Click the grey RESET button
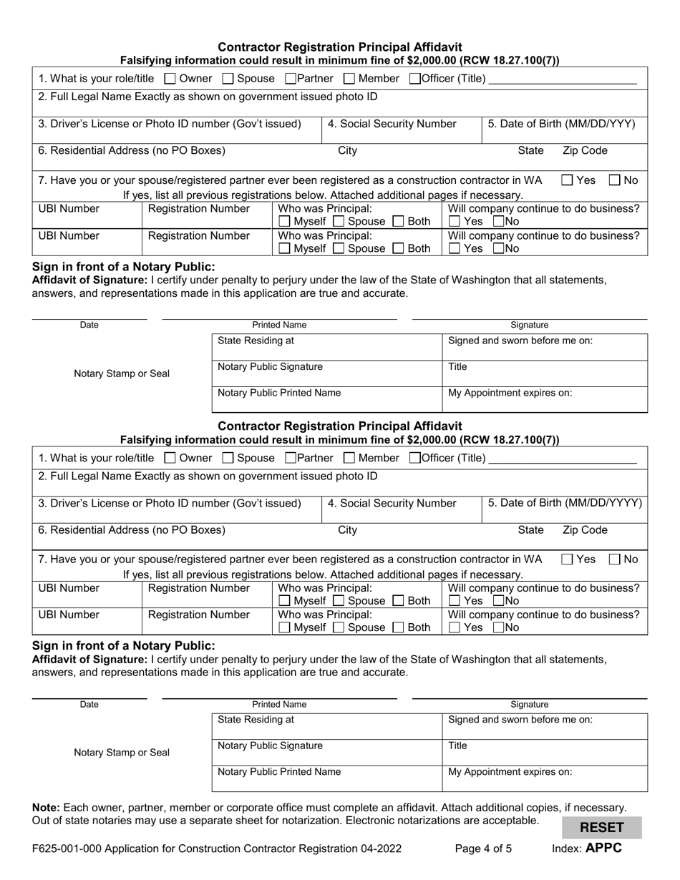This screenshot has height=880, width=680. pyautogui.click(x=601, y=828)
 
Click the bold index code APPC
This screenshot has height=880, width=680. pyautogui.click(x=603, y=849)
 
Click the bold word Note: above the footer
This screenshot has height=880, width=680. pyautogui.click(x=46, y=807)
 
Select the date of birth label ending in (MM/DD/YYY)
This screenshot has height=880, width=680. pyautogui.click(x=561, y=124)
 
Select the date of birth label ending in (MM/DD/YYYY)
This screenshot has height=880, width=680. pyautogui.click(x=565, y=503)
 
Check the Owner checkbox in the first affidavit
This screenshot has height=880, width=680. pyautogui.click(x=170, y=79)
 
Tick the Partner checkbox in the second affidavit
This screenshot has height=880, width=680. pyautogui.click(x=291, y=458)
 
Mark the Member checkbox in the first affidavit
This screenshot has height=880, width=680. pyautogui.click(x=349, y=79)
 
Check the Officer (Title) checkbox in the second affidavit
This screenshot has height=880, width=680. pyautogui.click(x=414, y=458)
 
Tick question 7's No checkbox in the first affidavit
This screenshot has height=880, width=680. pyautogui.click(x=616, y=180)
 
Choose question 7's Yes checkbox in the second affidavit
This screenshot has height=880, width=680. pyautogui.click(x=568, y=559)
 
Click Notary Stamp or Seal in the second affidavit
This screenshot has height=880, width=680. pyautogui.click(x=122, y=752)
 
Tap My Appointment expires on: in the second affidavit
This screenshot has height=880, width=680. pyautogui.click(x=510, y=772)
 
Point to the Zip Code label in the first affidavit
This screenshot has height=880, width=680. pyautogui.click(x=585, y=150)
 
